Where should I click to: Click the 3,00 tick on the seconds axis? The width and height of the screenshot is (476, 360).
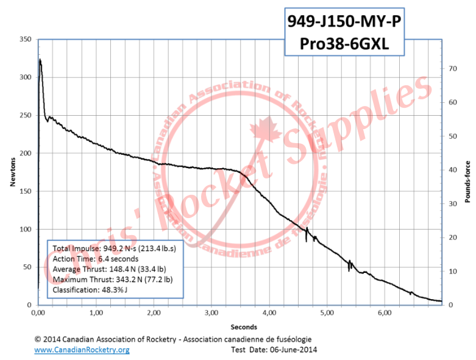coord(211,313)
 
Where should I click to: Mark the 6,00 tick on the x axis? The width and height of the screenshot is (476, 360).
coord(384,313)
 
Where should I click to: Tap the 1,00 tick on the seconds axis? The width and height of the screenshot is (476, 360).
coord(96,313)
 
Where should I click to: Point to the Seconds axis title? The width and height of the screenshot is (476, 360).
coord(240,326)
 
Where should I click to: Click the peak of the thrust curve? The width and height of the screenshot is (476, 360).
coord(40,60)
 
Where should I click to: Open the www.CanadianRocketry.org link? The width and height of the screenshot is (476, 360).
coord(82,350)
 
